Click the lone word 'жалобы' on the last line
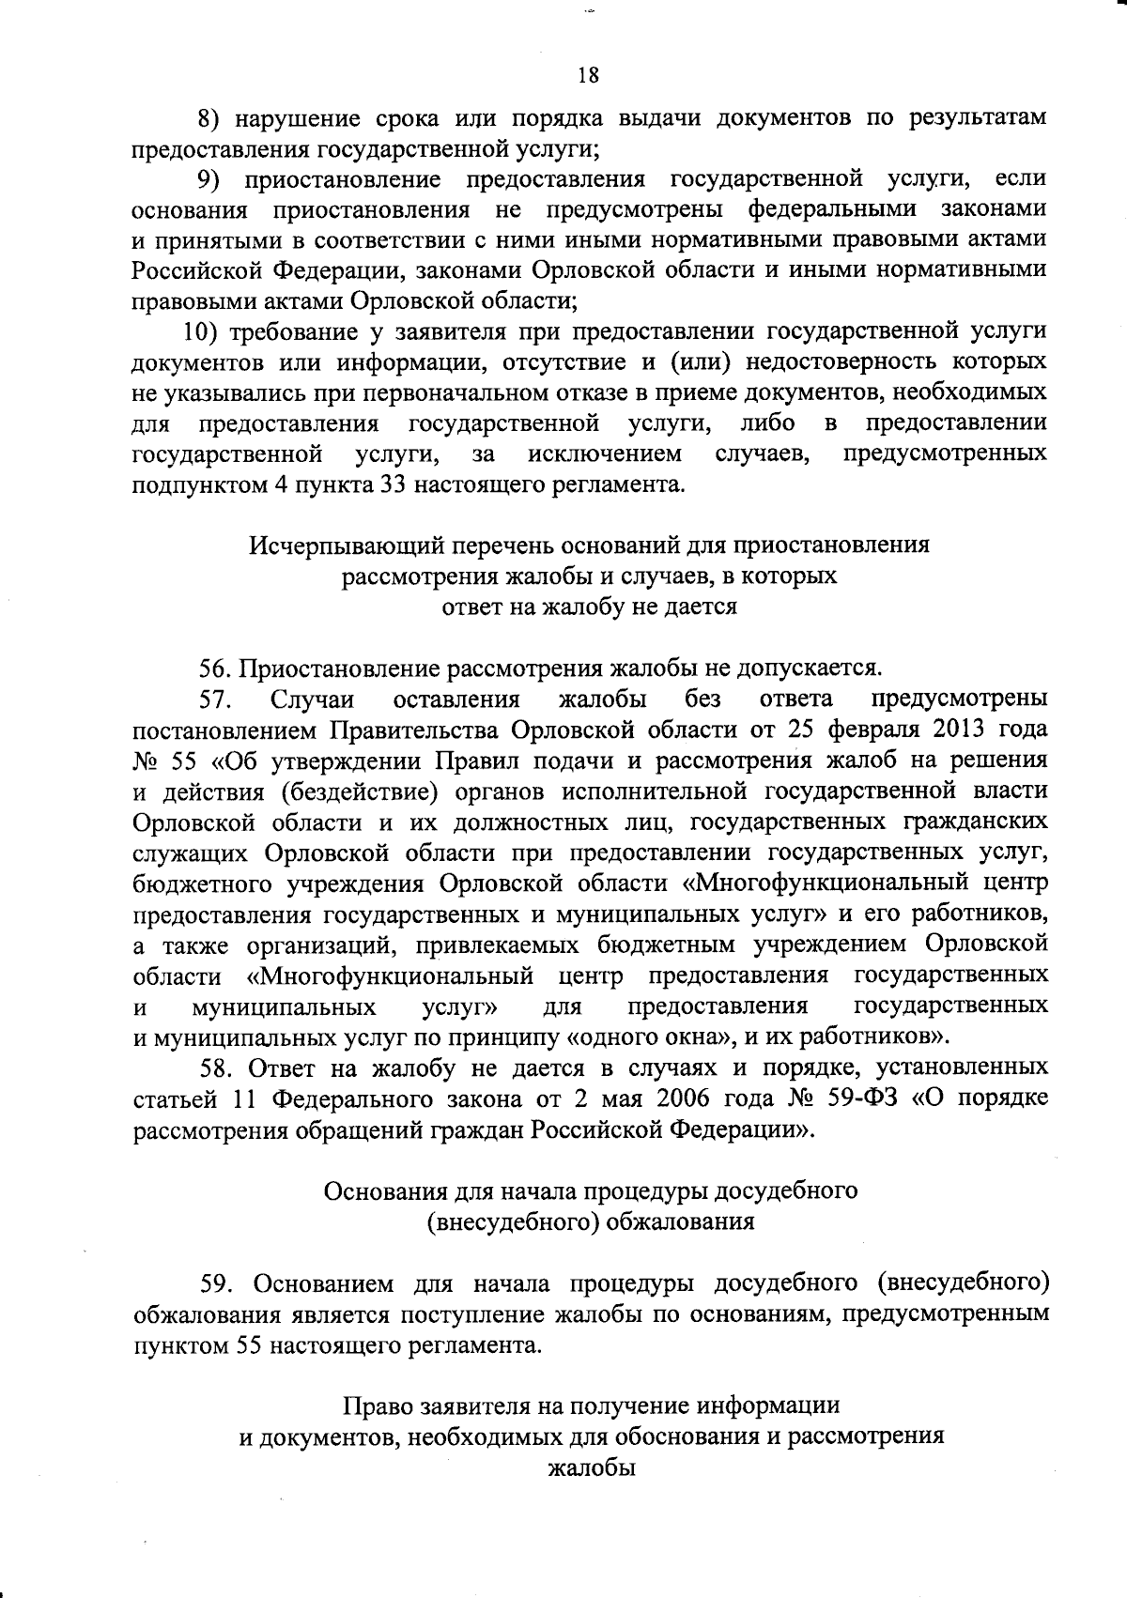click(x=592, y=1468)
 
